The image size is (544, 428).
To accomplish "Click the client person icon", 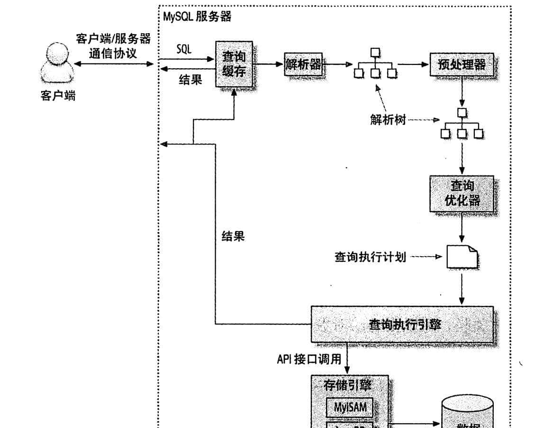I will pos(57,63).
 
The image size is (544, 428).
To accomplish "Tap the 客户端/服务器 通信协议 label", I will pos(113,46).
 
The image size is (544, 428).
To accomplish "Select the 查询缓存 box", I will pos(234,64).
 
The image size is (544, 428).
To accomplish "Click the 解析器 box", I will pos(303,65).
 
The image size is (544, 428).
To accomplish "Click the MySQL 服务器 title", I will pos(197,17).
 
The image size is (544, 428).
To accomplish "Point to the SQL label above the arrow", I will pos(184,50).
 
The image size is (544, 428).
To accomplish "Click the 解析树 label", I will pos(388,120).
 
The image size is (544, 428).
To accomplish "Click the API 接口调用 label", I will pos(309,359).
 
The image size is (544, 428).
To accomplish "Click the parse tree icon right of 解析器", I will pos(375,64).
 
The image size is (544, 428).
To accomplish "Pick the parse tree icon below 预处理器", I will pos(462,124).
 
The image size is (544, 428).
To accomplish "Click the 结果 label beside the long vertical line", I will pos(233,236).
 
